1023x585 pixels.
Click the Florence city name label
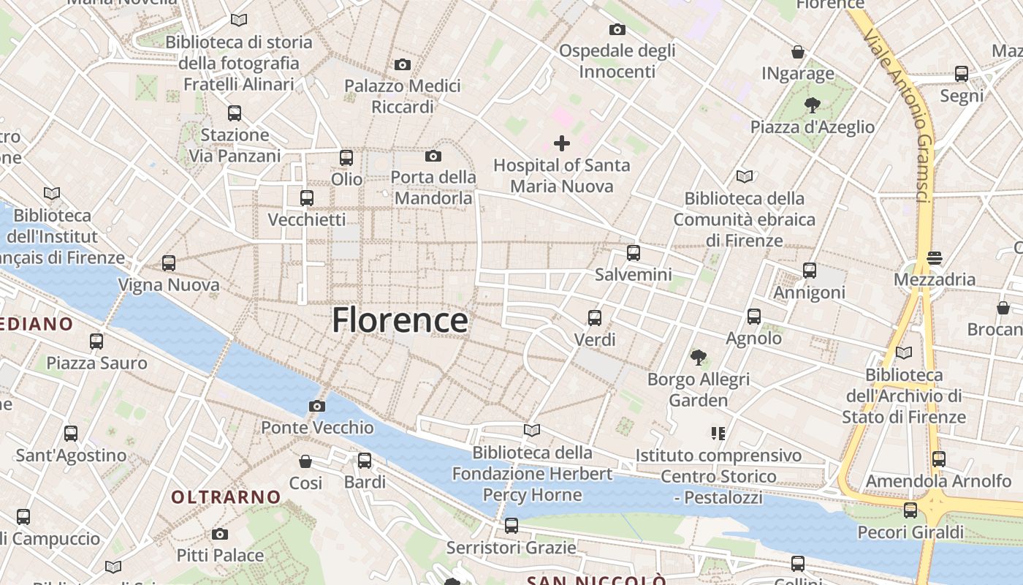[x=400, y=320]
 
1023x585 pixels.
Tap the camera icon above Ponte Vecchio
[x=316, y=406]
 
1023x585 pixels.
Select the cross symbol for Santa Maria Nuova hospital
[x=561, y=143]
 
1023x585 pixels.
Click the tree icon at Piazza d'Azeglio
[x=812, y=105]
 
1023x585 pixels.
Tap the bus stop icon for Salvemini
[x=634, y=253]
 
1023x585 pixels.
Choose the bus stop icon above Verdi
[x=595, y=318]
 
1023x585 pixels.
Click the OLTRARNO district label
[x=226, y=497]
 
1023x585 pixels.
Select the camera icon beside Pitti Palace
[x=220, y=534]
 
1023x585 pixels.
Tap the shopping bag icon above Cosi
[x=305, y=461]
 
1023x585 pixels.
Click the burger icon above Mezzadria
[x=934, y=258]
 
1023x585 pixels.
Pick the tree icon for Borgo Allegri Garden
[x=699, y=358]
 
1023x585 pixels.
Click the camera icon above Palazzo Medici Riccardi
[x=402, y=65]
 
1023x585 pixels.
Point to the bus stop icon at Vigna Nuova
[x=169, y=263]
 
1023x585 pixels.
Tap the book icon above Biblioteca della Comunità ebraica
[x=744, y=176]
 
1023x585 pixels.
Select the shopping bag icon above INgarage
[x=798, y=52]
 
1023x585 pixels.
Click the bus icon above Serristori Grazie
[x=512, y=525]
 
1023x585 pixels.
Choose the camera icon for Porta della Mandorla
[x=433, y=156]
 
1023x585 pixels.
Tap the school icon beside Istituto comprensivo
[x=718, y=434]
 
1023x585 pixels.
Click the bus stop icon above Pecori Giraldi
[x=910, y=510]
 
